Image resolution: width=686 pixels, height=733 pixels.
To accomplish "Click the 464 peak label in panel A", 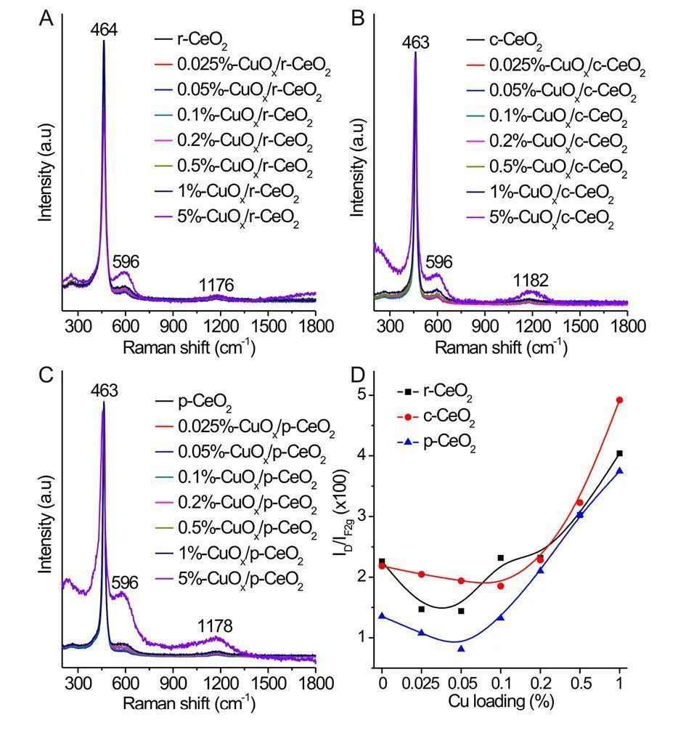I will click(x=104, y=30).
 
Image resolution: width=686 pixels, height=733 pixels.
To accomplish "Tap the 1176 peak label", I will click(x=216, y=286).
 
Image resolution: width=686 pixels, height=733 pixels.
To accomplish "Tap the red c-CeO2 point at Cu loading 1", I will click(x=619, y=400).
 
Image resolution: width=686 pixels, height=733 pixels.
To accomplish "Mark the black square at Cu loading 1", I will click(x=619, y=453).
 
